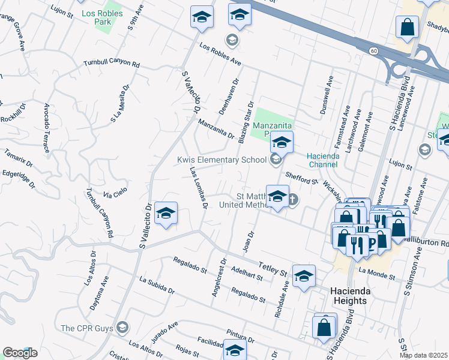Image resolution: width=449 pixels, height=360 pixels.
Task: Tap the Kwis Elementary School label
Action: pos(221,160)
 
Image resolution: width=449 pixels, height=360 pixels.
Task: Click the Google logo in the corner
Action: pos(20,353)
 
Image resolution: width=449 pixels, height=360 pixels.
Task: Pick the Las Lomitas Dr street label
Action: pos(199,188)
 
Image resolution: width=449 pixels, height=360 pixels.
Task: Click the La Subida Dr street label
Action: pos(157,285)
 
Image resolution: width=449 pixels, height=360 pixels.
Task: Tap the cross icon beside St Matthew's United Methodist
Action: pos(292,200)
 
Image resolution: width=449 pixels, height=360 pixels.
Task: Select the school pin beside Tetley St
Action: pos(304,276)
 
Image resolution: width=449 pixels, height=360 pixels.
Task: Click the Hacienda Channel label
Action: pos(324,159)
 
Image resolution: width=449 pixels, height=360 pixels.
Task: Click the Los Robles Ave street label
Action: pos(220,55)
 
